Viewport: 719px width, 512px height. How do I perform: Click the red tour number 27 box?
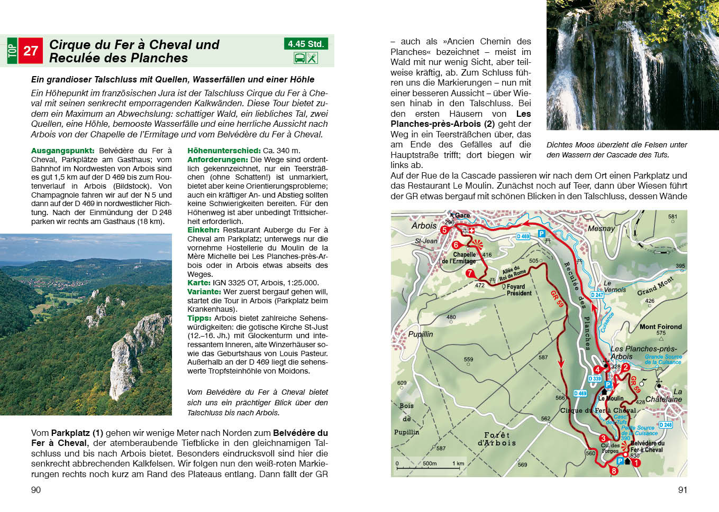(x=30, y=51)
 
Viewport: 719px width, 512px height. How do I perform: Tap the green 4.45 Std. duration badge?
(x=305, y=44)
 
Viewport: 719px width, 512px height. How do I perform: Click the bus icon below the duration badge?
(x=299, y=58)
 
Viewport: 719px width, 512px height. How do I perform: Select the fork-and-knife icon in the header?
(x=312, y=58)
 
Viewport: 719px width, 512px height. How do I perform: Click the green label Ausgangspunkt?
(x=62, y=151)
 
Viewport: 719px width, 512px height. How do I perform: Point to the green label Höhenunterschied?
(x=224, y=151)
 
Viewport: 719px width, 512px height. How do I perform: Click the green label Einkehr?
(x=203, y=230)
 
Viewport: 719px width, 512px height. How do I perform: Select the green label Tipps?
(x=199, y=318)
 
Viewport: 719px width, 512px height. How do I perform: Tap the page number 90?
(x=36, y=490)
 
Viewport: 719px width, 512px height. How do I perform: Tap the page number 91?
(x=682, y=490)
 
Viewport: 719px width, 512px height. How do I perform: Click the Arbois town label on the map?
(x=424, y=226)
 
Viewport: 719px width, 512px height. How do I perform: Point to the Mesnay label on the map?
(x=601, y=229)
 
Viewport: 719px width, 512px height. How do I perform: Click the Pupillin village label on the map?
(x=421, y=334)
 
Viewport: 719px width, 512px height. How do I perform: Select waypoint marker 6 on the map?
(x=456, y=245)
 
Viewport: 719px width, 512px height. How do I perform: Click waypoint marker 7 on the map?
(x=469, y=273)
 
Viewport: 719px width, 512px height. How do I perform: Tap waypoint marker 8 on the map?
(x=614, y=471)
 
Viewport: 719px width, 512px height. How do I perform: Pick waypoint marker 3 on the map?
(x=603, y=438)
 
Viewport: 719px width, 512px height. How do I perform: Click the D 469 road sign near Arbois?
(x=523, y=236)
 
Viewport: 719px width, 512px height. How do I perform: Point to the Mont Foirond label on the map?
(x=660, y=327)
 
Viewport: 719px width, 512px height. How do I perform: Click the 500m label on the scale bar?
(x=430, y=463)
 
